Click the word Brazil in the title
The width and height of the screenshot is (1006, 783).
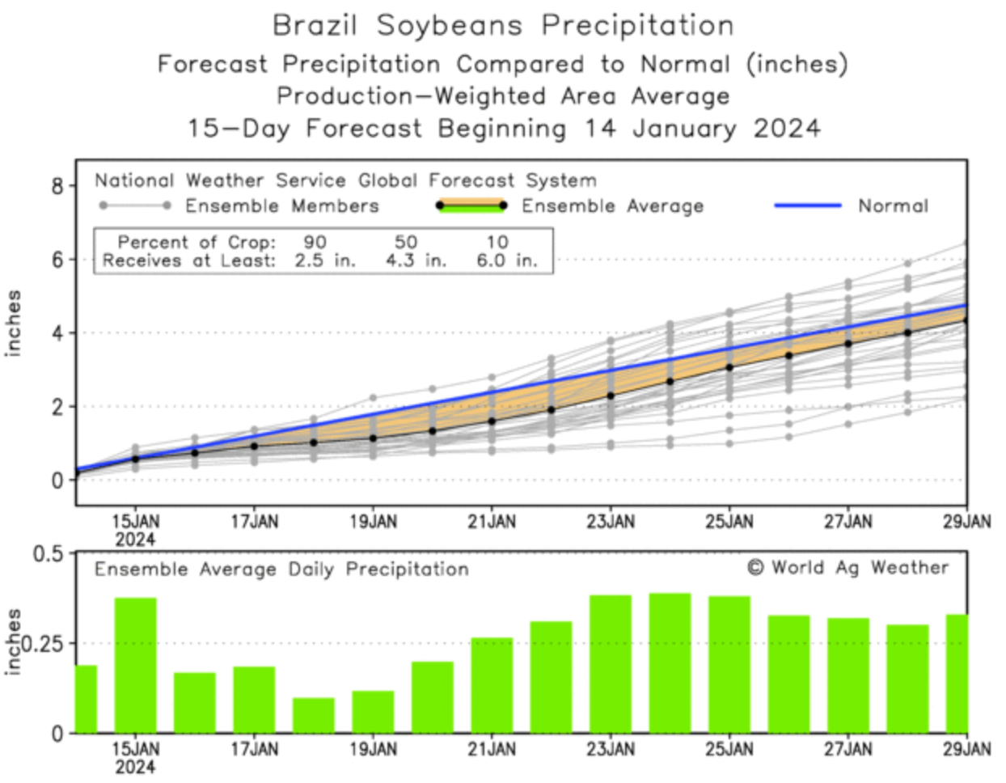point(314,25)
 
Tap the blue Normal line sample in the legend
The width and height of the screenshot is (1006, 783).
point(807,205)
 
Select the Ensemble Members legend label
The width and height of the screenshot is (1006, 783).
point(281,206)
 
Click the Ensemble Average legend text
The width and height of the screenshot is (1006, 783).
point(612,206)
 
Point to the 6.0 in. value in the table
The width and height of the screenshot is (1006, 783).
point(505,260)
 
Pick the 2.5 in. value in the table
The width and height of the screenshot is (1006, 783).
point(324,260)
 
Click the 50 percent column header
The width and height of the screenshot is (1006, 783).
point(406,242)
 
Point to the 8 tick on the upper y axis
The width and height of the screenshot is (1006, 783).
point(57,187)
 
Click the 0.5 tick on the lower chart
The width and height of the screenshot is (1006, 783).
point(48,554)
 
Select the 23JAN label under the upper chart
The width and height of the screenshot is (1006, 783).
point(611,522)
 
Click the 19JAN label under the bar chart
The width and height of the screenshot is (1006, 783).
point(373,750)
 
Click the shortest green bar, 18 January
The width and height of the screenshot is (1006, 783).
point(314,715)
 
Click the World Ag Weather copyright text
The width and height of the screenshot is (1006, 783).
point(847,568)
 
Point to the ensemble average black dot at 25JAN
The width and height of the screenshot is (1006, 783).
point(729,367)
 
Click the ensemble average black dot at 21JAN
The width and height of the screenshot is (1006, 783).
point(492,421)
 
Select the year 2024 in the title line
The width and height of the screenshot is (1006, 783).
point(787,129)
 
